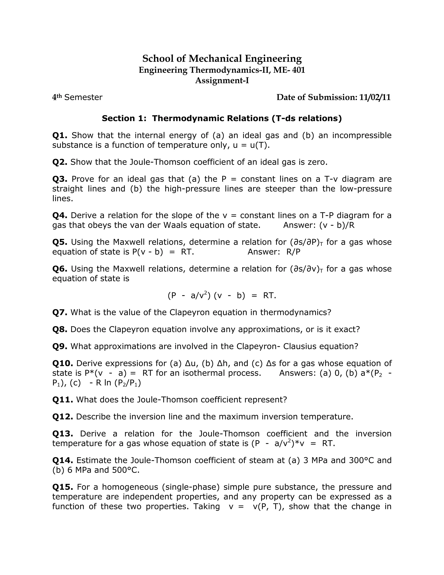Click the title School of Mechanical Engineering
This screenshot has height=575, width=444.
coord(222,58)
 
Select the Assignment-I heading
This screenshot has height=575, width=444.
coord(222,80)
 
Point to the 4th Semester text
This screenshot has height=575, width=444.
coord(77,97)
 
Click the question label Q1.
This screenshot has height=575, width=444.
coord(60,135)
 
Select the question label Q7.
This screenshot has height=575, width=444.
coord(60,312)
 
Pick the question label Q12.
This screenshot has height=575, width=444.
coord(63,417)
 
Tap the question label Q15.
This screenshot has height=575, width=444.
coord(63,487)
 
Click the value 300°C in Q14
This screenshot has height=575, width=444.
coord(361,460)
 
